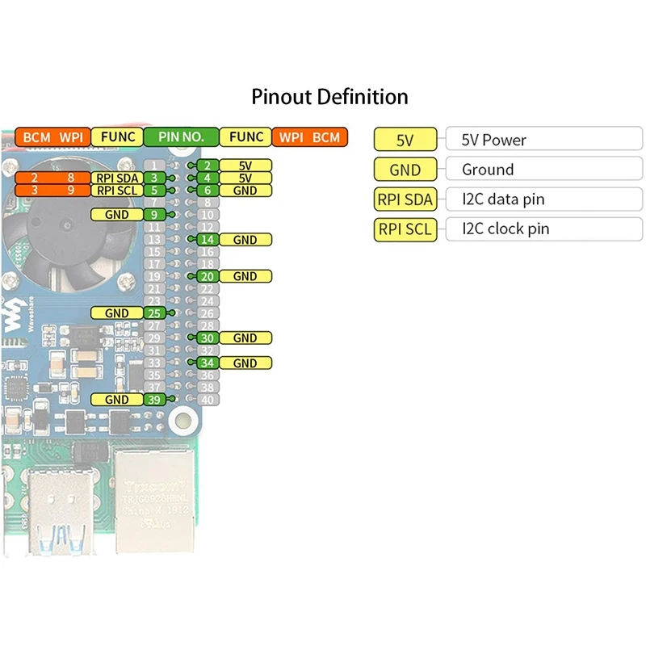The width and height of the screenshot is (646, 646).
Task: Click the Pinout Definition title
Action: tap(329, 98)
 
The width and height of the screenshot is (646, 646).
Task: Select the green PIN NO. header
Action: tap(180, 137)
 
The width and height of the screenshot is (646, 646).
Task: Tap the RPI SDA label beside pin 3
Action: tap(117, 178)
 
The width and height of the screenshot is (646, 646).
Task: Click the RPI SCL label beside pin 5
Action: tap(117, 191)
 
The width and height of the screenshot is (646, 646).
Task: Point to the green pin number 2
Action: tap(208, 166)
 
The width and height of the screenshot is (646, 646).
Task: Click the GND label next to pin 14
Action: tap(245, 240)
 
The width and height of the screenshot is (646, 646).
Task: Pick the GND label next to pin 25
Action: tap(117, 313)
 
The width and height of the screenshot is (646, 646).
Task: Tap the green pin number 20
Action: tap(208, 276)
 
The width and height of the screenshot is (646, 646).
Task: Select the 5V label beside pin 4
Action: tap(245, 178)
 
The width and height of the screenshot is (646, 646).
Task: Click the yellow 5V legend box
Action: tap(405, 140)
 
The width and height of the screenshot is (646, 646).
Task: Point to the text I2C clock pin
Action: tap(505, 229)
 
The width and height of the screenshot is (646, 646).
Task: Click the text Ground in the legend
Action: tap(488, 170)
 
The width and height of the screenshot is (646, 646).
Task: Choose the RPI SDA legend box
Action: tap(405, 199)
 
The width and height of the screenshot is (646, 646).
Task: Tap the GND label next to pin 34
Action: tap(245, 363)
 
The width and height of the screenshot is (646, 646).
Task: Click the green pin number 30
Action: tap(208, 338)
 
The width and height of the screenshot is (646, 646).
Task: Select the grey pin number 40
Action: tap(208, 400)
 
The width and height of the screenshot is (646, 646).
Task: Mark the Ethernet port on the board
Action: tap(153, 501)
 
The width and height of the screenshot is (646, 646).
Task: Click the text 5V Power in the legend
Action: tap(494, 140)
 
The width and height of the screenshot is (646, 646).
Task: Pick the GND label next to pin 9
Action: tap(117, 215)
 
